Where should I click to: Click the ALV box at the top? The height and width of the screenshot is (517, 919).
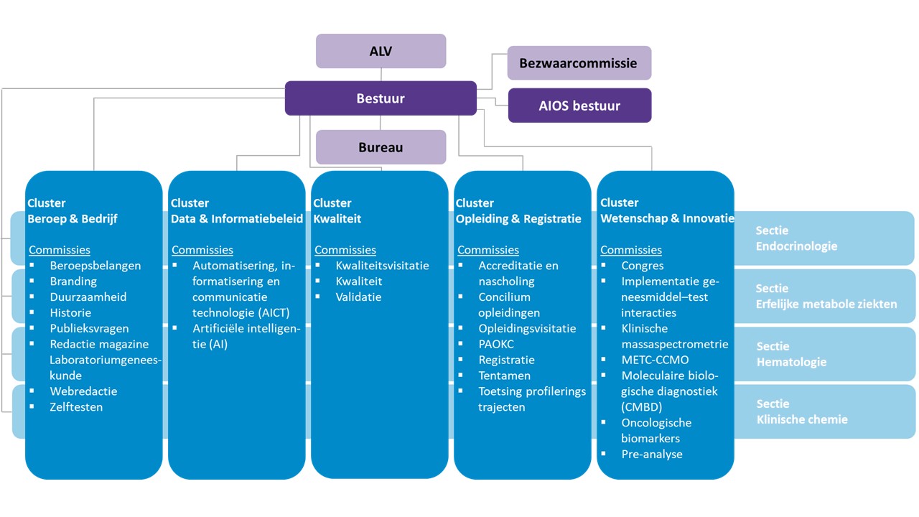381,51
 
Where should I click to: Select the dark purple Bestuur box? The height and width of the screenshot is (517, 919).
381,98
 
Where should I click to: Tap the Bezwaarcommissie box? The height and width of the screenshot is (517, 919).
579,63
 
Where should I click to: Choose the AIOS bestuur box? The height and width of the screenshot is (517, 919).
579,106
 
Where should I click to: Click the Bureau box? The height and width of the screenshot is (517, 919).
381,147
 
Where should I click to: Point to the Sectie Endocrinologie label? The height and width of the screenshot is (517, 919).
796,238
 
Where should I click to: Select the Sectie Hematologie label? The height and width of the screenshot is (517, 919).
790,355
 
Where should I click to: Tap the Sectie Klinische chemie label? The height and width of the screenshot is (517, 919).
801,412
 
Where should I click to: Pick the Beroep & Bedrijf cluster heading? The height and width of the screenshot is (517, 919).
72,211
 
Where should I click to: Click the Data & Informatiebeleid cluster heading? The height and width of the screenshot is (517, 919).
236,211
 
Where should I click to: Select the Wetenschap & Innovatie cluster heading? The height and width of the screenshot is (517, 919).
667,211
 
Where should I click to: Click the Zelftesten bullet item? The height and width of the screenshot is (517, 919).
76,407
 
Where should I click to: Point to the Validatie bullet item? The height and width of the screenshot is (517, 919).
358,297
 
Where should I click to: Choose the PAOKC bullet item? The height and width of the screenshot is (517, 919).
496,344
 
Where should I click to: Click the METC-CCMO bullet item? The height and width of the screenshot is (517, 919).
655,360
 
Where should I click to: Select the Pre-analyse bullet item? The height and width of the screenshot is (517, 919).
651,455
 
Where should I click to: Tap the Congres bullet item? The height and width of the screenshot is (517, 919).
643,266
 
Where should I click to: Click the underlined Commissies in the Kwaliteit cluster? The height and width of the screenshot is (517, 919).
345,250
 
